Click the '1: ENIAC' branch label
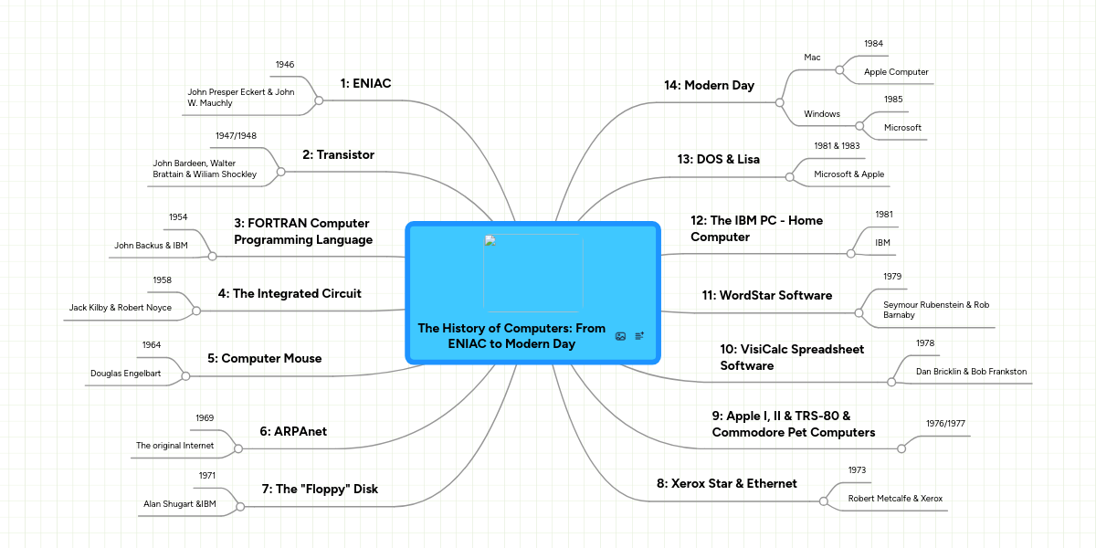pyautogui.click(x=365, y=83)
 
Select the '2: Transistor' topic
pyautogui.click(x=345, y=155)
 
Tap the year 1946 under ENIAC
pyautogui.click(x=285, y=65)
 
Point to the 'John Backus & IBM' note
pyautogui.click(x=151, y=246)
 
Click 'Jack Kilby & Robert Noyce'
pyautogui.click(x=121, y=308)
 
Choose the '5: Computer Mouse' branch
pyautogui.click(x=264, y=359)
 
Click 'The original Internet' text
pyautogui.click(x=174, y=446)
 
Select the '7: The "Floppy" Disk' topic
pyautogui.click(x=320, y=489)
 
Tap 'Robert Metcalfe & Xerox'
pyautogui.click(x=895, y=499)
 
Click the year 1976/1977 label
pyautogui.click(x=946, y=423)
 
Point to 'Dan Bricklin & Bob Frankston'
pyautogui.click(x=972, y=372)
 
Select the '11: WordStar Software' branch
pyautogui.click(x=767, y=296)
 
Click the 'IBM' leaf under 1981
pyautogui.click(x=882, y=243)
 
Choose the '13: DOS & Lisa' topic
pyautogui.click(x=719, y=159)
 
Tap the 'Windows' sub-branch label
pyautogui.click(x=822, y=113)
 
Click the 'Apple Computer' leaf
pyautogui.click(x=896, y=71)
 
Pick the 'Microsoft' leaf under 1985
pyautogui.click(x=902, y=128)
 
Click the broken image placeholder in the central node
pyautogui.click(x=533, y=273)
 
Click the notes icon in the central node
pyautogui.click(x=639, y=336)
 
